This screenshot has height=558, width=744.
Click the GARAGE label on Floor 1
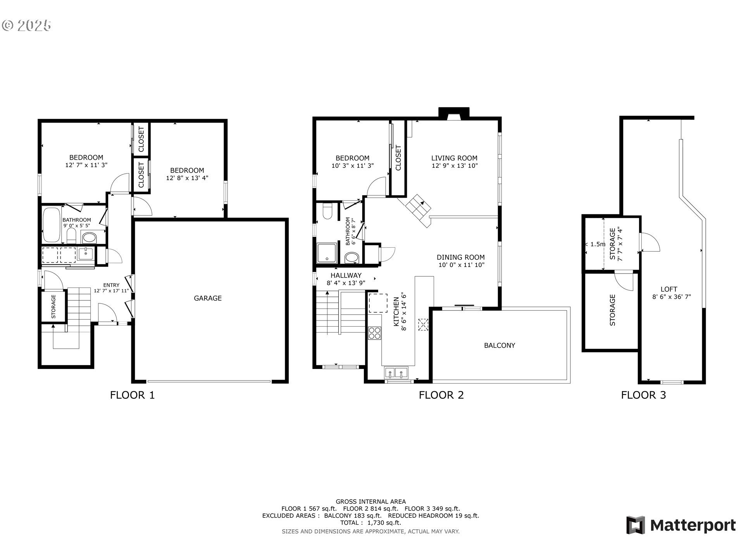pyautogui.click(x=208, y=298)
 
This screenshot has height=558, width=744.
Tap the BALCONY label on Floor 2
pyautogui.click(x=499, y=345)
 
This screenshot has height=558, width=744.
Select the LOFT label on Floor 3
pyautogui.click(x=669, y=289)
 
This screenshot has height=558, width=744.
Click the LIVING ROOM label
pyautogui.click(x=454, y=158)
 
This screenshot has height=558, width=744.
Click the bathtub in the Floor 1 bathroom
pyautogui.click(x=51, y=225)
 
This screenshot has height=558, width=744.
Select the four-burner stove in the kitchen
pyautogui.click(x=374, y=333)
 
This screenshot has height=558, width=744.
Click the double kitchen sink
pyautogui.click(x=396, y=373)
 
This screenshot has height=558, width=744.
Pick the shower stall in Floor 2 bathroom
pyautogui.click(x=327, y=253)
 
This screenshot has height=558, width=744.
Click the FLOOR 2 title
pyautogui.click(x=441, y=395)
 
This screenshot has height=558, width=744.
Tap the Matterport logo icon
pyautogui.click(x=636, y=525)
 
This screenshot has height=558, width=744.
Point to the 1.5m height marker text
pyautogui.click(x=598, y=244)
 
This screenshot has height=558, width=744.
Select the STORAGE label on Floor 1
pyautogui.click(x=53, y=307)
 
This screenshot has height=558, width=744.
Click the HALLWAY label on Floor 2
pyautogui.click(x=346, y=276)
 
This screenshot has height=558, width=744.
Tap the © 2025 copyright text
pyautogui.click(x=26, y=25)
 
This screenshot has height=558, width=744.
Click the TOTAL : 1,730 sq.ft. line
pyautogui.click(x=371, y=523)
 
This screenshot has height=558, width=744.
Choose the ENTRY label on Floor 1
pyautogui.click(x=111, y=285)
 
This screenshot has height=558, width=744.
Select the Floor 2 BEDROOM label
pyautogui.click(x=352, y=158)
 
